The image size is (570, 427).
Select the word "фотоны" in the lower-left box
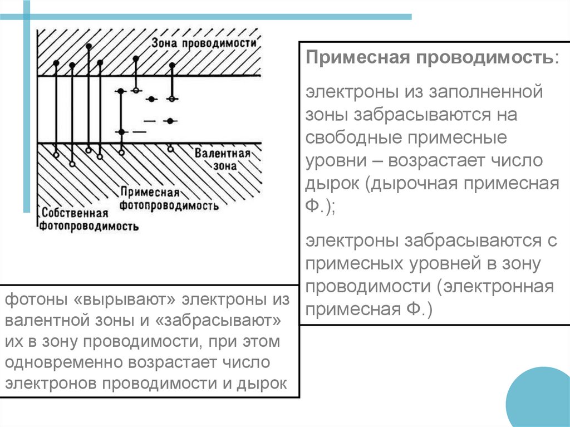coord(35,300)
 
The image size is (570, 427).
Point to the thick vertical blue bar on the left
coord(26,106)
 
